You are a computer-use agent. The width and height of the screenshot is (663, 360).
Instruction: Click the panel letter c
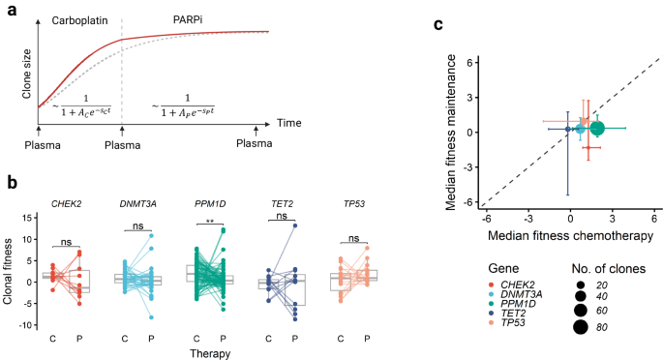[437, 23]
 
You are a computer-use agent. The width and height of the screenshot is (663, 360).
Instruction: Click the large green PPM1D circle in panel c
[597, 128]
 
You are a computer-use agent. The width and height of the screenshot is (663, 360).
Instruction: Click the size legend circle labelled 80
[582, 327]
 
